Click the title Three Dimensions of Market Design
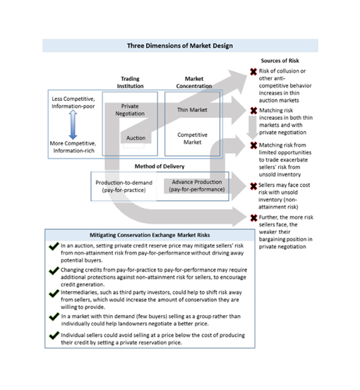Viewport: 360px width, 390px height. pyautogui.click(x=179, y=46)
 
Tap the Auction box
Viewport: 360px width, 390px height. pyautogui.click(x=136, y=138)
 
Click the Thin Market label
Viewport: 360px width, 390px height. pyautogui.click(x=192, y=110)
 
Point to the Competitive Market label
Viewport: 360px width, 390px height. pyautogui.click(x=192, y=138)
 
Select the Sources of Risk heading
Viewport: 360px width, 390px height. pyautogui.click(x=280, y=61)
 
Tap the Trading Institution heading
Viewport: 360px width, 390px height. pyautogui.click(x=131, y=82)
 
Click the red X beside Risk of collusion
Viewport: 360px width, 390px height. pyautogui.click(x=253, y=72)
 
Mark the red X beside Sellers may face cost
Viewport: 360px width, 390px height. pyautogui.click(x=253, y=185)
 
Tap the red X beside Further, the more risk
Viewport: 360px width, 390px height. pyautogui.click(x=253, y=218)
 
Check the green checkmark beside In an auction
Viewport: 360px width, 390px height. pyautogui.click(x=54, y=247)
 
